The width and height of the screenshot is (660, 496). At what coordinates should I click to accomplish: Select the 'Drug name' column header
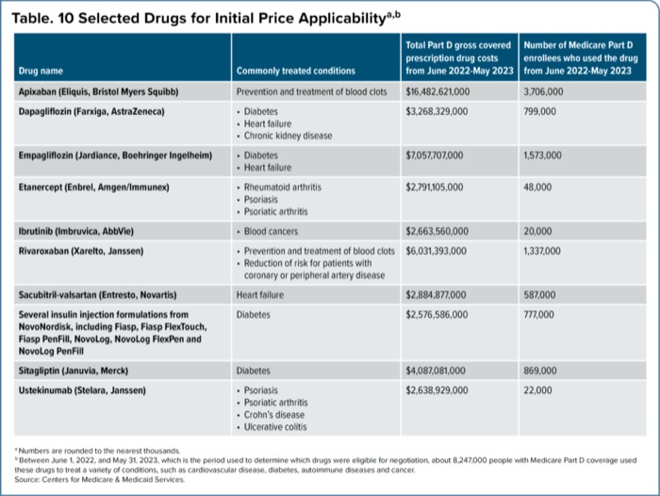39,71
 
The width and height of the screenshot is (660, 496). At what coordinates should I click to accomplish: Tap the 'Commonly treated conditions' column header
295,71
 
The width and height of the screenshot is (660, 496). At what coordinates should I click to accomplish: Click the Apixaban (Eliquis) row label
98,92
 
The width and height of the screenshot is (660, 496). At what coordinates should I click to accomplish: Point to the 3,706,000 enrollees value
543,92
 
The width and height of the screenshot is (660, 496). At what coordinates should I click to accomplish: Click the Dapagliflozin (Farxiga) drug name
91,110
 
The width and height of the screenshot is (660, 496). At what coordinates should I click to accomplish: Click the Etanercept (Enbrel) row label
96,187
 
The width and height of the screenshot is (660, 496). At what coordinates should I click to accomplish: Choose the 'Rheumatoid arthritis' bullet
284,187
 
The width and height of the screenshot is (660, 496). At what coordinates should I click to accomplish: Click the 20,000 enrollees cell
538,231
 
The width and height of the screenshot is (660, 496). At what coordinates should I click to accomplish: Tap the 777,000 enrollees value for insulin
540,313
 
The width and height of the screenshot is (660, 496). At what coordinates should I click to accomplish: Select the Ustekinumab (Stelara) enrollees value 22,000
538,389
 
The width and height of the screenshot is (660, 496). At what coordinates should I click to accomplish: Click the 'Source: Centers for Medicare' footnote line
99,479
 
